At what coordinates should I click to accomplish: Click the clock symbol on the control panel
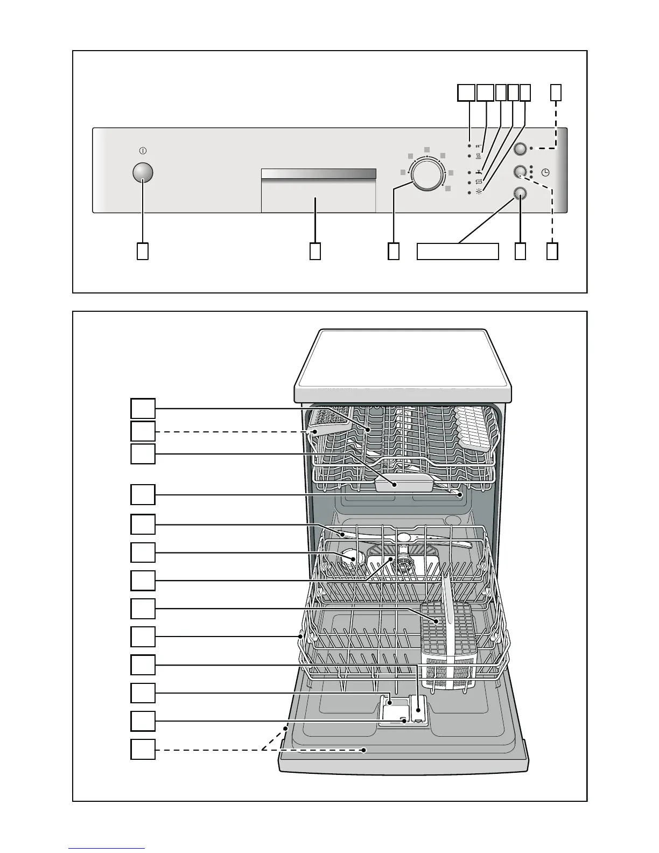pos(546,172)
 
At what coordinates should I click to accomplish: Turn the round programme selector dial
pos(426,173)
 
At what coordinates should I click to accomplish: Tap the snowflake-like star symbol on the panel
pos(479,192)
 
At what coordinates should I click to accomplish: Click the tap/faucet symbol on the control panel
pos(479,172)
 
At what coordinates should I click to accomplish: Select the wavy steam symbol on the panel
pos(479,157)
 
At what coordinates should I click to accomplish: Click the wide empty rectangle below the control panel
pos(458,251)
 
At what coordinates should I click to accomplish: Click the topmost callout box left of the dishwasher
pos(143,408)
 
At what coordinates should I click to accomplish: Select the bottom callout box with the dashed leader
pos(143,749)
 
